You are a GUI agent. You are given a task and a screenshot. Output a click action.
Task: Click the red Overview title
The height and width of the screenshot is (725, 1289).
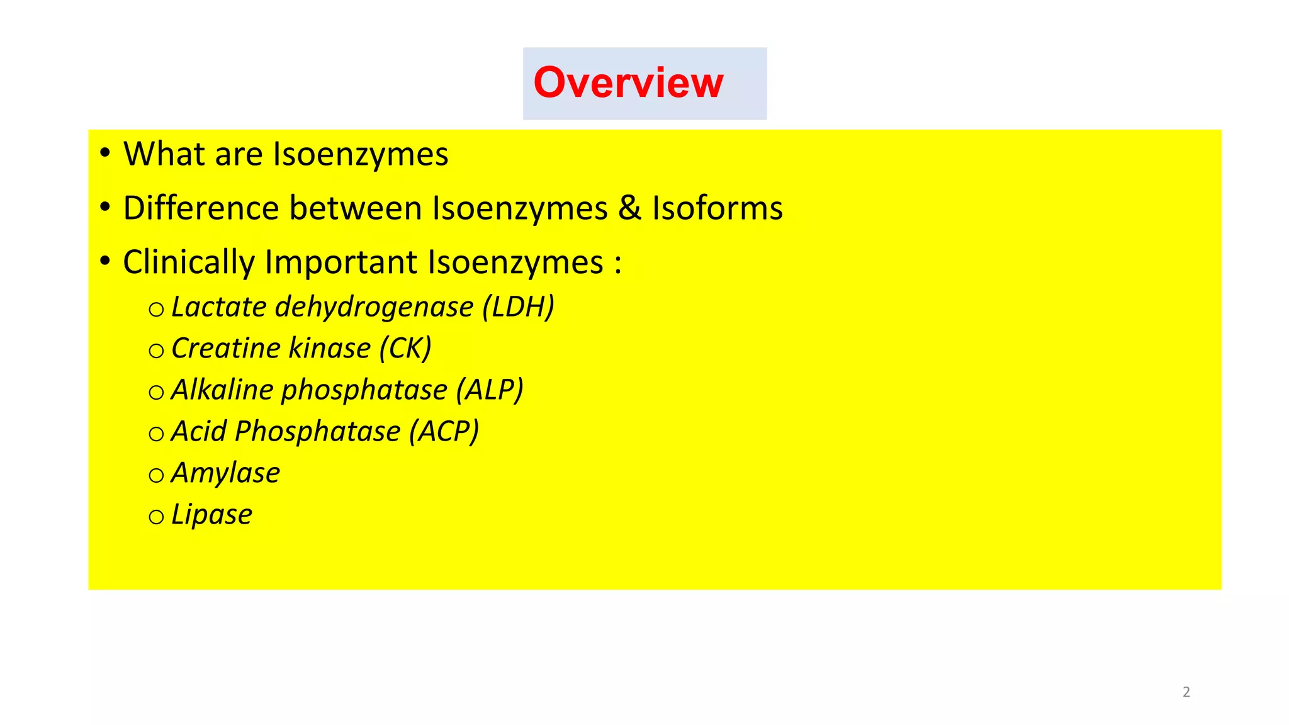(x=628, y=82)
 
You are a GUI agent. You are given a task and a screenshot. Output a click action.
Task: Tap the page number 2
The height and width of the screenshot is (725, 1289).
(x=1186, y=692)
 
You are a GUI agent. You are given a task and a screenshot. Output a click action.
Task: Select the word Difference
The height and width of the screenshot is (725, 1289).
(x=201, y=208)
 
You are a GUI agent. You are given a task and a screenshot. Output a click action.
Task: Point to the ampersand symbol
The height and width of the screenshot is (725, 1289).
(x=629, y=208)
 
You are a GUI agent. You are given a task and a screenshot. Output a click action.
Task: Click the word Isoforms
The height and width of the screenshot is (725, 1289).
(x=717, y=208)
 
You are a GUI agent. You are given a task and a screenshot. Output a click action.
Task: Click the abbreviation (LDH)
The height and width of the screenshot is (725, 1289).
(x=519, y=307)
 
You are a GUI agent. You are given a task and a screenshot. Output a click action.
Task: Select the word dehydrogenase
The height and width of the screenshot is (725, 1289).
(x=374, y=307)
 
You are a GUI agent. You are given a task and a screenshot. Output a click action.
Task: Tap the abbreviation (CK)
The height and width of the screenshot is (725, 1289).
(x=405, y=349)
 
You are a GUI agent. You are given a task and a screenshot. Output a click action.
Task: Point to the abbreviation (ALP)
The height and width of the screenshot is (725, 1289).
(x=490, y=390)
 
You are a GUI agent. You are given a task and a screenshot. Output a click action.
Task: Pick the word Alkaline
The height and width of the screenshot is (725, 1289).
(x=222, y=390)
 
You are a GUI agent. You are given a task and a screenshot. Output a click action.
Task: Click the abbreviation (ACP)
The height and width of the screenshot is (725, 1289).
(x=444, y=432)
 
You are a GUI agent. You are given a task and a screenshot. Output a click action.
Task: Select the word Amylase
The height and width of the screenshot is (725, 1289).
(x=225, y=473)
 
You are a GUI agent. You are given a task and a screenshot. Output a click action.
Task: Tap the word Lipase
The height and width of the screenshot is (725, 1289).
(x=211, y=515)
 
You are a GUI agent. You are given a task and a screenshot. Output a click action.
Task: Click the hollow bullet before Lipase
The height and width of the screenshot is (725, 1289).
(x=156, y=517)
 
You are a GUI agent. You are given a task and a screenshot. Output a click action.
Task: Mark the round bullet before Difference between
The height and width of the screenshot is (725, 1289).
(x=105, y=206)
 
